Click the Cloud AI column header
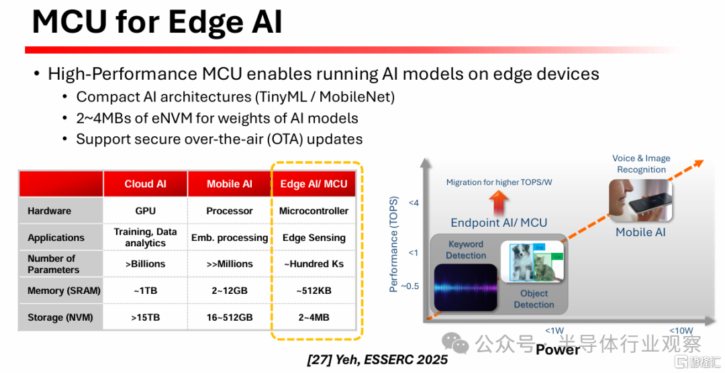pyautogui.click(x=145, y=184)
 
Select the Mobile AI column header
pyautogui.click(x=230, y=184)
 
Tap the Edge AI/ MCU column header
pyautogui.click(x=313, y=184)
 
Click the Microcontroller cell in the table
pyautogui.click(x=313, y=211)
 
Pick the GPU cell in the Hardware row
pyautogui.click(x=145, y=211)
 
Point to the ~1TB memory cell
pyautogui.click(x=145, y=290)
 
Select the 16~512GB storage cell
pyautogui.click(x=230, y=317)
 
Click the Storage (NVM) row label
pyautogui.click(x=60, y=317)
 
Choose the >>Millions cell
pyautogui.click(x=230, y=264)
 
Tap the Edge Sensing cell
pyautogui.click(x=314, y=237)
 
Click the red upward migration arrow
pyautogui.click(x=499, y=203)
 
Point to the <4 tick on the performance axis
pyautogui.click(x=414, y=203)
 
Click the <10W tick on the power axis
pyautogui.click(x=681, y=331)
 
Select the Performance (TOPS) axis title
pyautogui.click(x=393, y=244)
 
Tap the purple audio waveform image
pyautogui.click(x=465, y=288)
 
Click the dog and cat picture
pyautogui.click(x=532, y=262)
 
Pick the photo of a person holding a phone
pyautogui.click(x=640, y=200)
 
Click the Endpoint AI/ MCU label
pyautogui.click(x=499, y=223)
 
